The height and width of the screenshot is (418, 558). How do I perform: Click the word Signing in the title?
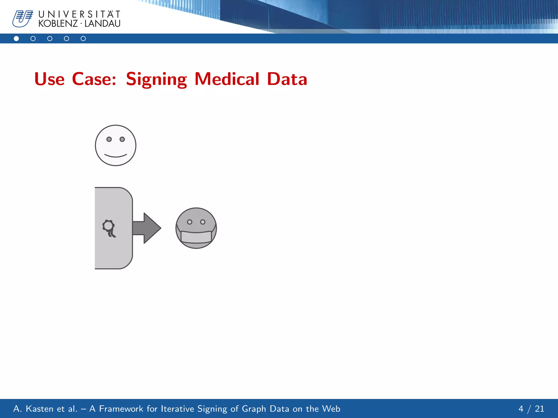(156, 79)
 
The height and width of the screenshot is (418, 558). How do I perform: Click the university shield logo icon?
(23, 19)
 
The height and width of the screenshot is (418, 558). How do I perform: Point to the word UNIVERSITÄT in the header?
(79, 14)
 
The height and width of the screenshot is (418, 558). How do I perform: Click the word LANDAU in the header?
(102, 24)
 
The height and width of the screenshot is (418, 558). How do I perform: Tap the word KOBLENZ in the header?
(58, 24)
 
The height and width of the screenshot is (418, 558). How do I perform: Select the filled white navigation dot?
(16, 39)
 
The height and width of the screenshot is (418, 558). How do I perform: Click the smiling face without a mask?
(116, 145)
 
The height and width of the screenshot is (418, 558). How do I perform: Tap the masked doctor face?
(196, 228)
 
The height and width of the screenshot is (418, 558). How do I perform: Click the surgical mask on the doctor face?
(196, 236)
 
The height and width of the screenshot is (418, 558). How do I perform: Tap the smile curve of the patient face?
(116, 156)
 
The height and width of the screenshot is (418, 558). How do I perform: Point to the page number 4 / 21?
(531, 409)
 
